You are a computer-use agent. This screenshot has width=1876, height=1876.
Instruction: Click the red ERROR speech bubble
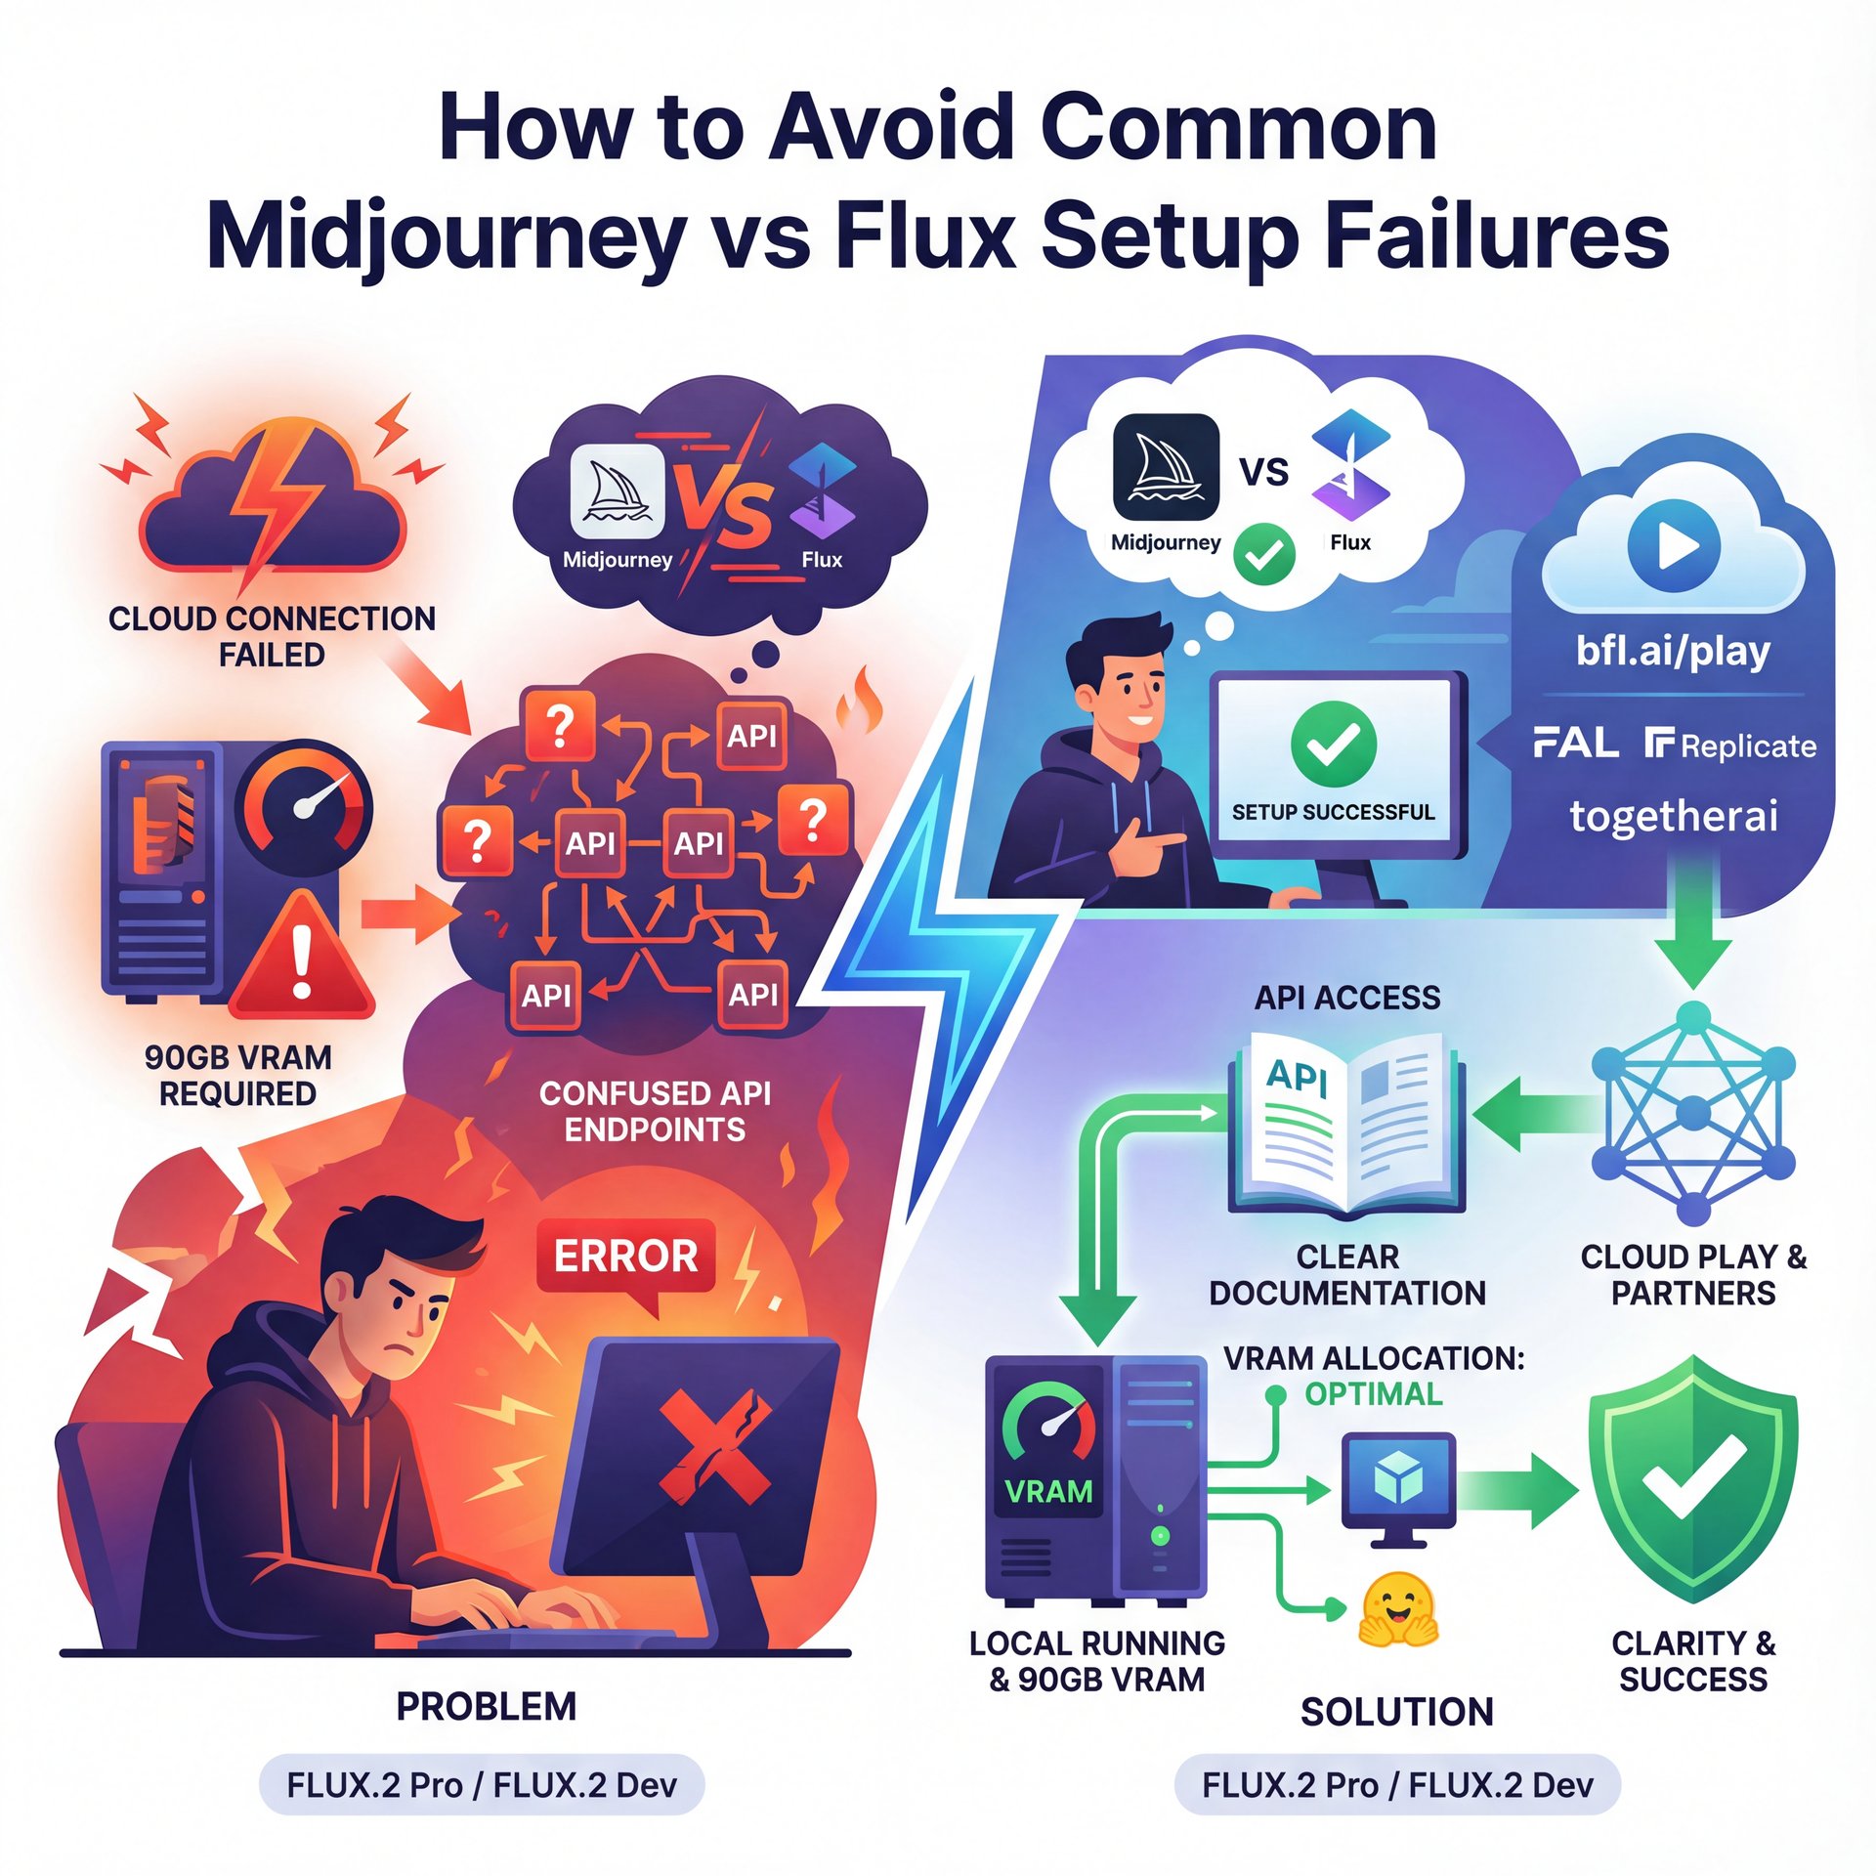625,1257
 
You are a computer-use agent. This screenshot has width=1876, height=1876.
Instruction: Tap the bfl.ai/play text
1673,651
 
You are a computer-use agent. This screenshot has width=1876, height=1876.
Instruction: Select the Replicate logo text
1730,746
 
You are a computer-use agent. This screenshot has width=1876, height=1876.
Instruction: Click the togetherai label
1673,816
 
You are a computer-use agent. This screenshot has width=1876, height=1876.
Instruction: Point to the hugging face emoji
1397,1609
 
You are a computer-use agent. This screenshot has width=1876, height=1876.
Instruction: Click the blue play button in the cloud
1673,545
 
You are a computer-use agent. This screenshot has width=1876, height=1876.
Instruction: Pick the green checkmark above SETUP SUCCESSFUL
1333,745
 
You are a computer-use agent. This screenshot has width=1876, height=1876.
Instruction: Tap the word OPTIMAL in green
1373,1394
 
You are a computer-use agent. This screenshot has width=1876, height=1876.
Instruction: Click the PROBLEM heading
486,1707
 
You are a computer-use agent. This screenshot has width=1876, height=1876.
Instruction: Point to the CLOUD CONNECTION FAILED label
272,636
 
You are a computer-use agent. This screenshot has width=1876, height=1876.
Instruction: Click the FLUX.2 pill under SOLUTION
1396,1785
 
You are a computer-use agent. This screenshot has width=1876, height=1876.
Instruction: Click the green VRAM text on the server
1048,1492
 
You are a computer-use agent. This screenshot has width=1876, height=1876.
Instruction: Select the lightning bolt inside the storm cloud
278,498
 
